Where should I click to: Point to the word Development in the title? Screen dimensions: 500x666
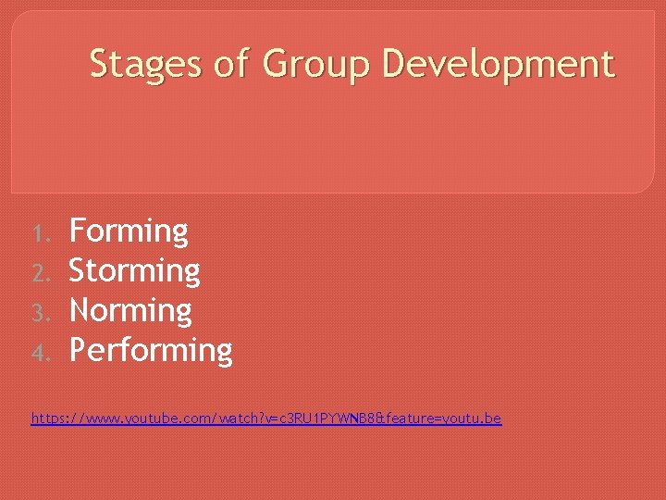pyautogui.click(x=498, y=65)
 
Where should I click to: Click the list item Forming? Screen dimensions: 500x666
pyautogui.click(x=129, y=231)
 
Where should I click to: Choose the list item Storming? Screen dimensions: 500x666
pyautogui.click(x=135, y=271)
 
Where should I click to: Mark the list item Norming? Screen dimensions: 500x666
pyautogui.click(x=130, y=311)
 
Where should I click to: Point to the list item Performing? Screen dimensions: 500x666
pyautogui.click(x=151, y=351)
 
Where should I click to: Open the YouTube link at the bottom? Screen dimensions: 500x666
pyautogui.click(x=266, y=419)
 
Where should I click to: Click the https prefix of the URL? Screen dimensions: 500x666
pyautogui.click(x=49, y=419)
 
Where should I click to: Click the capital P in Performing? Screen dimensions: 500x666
pyautogui.click(x=80, y=350)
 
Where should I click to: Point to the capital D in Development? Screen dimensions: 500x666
pyautogui.click(x=393, y=64)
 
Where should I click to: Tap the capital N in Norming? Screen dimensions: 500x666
pyautogui.click(x=81, y=310)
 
